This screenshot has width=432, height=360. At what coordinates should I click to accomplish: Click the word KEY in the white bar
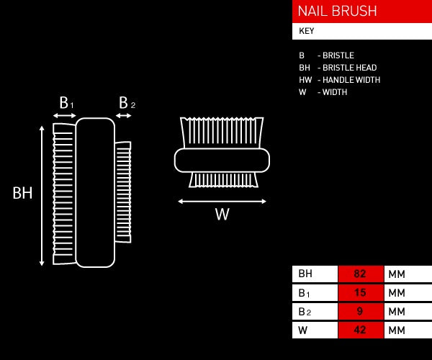coord(307,32)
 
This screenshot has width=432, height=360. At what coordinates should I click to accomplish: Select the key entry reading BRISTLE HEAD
coord(338,68)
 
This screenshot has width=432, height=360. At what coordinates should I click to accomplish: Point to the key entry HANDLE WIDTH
coord(339,80)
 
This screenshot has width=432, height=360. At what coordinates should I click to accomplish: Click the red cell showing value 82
coord(361,274)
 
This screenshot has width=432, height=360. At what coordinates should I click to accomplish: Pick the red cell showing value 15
coord(361,293)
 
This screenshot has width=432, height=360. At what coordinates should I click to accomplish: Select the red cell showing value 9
coord(361,312)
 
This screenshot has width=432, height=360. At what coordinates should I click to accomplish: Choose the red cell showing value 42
coord(361,330)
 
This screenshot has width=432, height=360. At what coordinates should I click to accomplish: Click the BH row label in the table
coord(305,274)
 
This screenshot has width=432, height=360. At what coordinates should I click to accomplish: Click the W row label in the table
coord(303,330)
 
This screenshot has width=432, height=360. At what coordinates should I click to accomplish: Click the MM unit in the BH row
coord(397,274)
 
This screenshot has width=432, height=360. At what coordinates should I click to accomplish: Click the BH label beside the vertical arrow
coord(23,193)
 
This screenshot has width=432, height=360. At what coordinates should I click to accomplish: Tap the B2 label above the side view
coord(125,103)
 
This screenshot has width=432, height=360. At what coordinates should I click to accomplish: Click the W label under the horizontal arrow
coord(222,214)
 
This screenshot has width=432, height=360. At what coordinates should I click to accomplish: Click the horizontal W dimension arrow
coord(222,201)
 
